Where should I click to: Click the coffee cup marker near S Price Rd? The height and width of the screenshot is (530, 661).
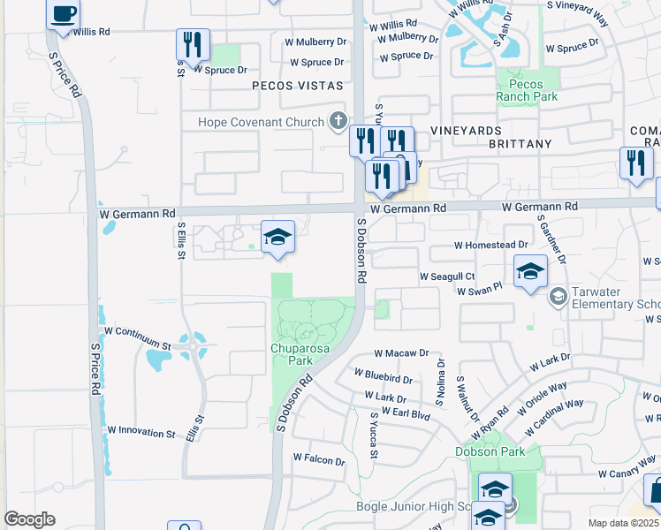pyautogui.click(x=64, y=15)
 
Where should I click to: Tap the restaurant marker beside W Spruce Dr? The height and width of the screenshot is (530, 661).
pyautogui.click(x=192, y=44)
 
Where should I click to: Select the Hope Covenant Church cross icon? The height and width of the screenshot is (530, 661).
pyautogui.click(x=337, y=120)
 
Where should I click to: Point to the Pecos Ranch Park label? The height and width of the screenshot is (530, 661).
pyautogui.click(x=526, y=90)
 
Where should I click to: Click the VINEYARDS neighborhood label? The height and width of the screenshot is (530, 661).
pyautogui.click(x=466, y=130)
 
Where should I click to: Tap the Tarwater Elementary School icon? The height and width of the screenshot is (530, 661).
pyautogui.click(x=558, y=296)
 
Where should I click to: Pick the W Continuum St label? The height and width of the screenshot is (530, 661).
pyautogui.click(x=137, y=329)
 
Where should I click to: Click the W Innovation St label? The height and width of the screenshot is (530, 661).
pyautogui.click(x=141, y=432)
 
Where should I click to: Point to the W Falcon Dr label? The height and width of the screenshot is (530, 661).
pyautogui.click(x=318, y=459)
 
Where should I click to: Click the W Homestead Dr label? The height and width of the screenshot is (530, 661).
pyautogui.click(x=490, y=245)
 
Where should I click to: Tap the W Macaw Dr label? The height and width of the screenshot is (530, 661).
pyautogui.click(x=400, y=352)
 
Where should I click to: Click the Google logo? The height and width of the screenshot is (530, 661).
pyautogui.click(x=29, y=519)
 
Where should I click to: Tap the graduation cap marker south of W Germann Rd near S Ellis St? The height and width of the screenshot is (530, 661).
pyautogui.click(x=277, y=238)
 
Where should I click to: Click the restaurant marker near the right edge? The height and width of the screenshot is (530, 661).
pyautogui.click(x=636, y=163)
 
